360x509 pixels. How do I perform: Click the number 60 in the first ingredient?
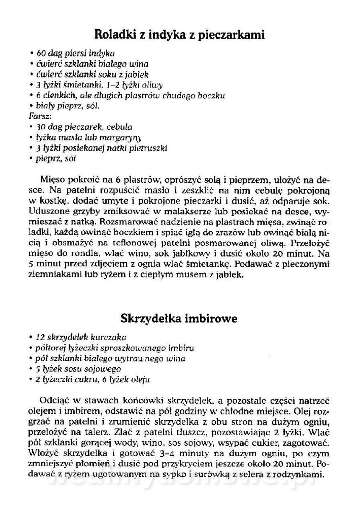(x=41, y=54)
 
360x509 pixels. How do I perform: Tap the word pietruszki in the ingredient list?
(x=150, y=148)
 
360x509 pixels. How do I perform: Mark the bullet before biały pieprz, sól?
(x=32, y=106)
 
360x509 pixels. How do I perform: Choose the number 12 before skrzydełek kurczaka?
(x=41, y=338)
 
